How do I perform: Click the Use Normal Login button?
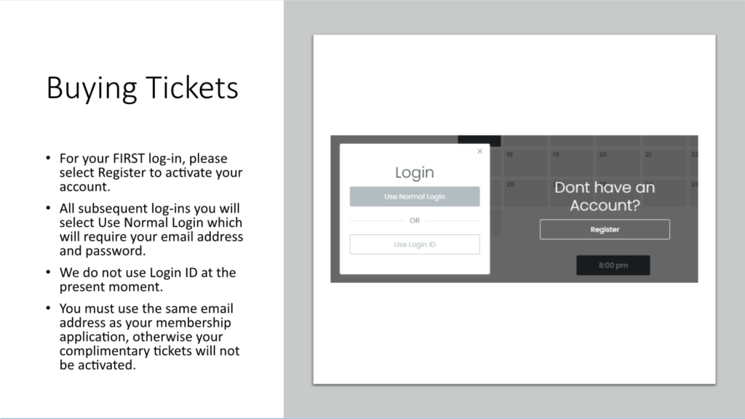[x=414, y=196]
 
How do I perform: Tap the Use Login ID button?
[x=414, y=244]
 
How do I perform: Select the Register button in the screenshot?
[x=605, y=229]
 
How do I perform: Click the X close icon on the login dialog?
[x=480, y=151]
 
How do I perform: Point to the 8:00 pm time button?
[x=613, y=265]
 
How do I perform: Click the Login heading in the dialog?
[x=414, y=172]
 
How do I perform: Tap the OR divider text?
[x=415, y=220]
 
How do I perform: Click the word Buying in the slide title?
[x=91, y=88]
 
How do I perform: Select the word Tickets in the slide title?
[x=192, y=87]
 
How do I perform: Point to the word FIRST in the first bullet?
[x=129, y=158]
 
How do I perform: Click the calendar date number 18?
[x=509, y=154]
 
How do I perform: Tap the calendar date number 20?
[x=602, y=154]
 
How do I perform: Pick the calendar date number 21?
[x=648, y=154]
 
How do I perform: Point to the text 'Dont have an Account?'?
[x=605, y=196]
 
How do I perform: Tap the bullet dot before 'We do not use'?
[x=48, y=272]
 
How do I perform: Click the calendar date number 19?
[x=555, y=154]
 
